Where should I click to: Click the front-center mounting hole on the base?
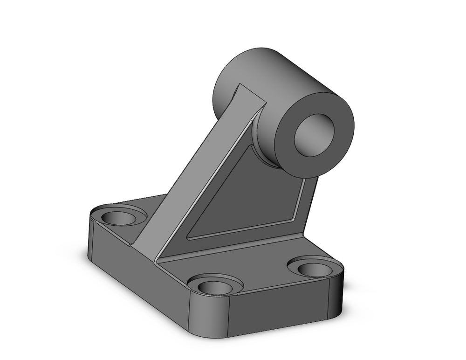coord(215,286)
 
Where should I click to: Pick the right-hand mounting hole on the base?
coord(315,269)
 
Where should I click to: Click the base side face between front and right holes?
coord(280,312)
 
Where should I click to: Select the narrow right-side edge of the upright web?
coord(310,205)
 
